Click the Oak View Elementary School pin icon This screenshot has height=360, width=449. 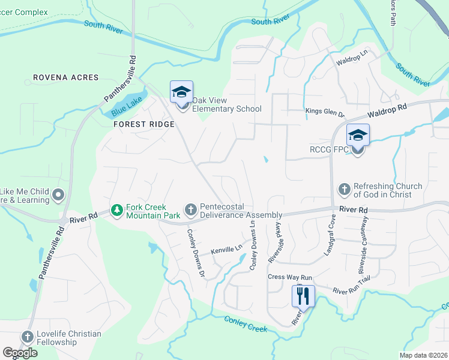(x=181, y=92)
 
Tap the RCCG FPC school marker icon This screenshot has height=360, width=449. (x=358, y=136)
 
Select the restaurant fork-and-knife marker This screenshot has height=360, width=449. (x=303, y=296)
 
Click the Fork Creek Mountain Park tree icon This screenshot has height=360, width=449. (x=116, y=210)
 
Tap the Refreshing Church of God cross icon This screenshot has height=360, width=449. (x=345, y=190)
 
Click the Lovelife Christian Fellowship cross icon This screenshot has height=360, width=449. (x=28, y=337)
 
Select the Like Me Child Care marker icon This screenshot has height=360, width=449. (x=58, y=194)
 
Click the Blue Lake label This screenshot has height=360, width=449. (x=127, y=106)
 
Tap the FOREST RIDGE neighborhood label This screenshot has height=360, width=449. (x=143, y=124)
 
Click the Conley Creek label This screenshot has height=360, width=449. (x=245, y=324)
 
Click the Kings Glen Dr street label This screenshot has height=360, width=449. (x=325, y=112)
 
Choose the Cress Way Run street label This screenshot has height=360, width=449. (x=291, y=277)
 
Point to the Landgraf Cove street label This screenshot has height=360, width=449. (x=329, y=242)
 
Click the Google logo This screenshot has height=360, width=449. (x=20, y=353)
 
